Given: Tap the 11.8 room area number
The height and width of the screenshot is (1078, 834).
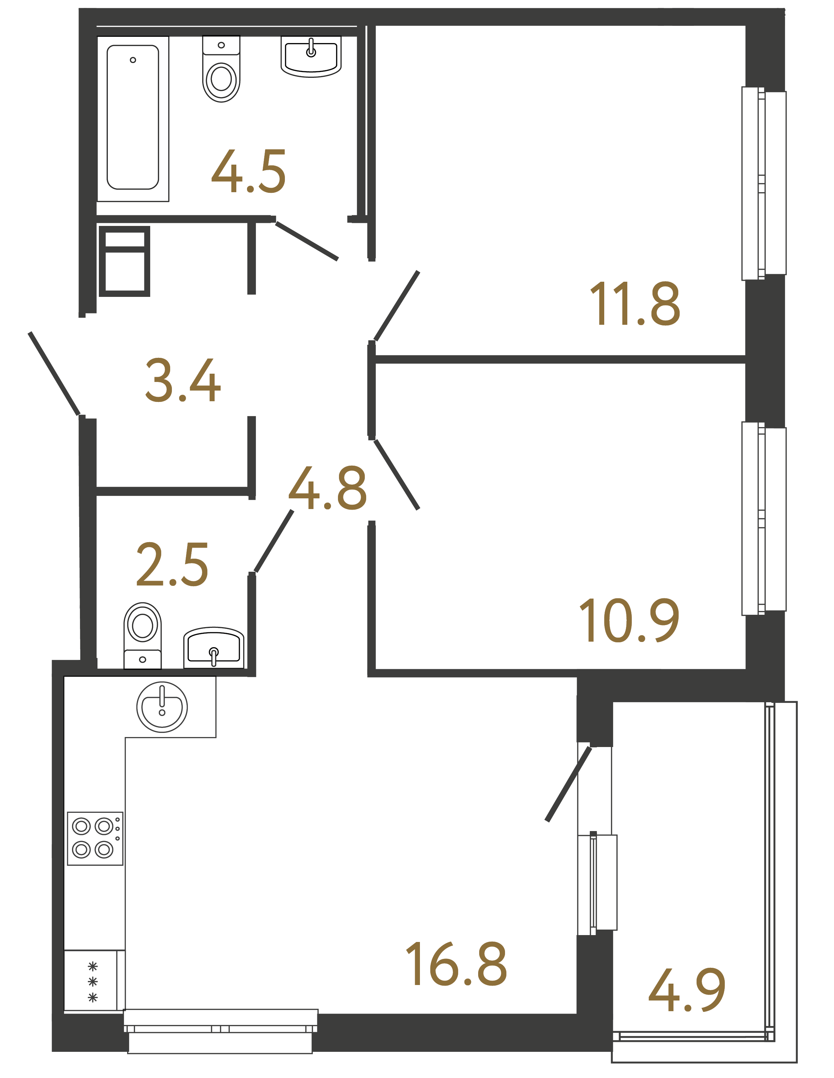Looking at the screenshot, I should tap(635, 304).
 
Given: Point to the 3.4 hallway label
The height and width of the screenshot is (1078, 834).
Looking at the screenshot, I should tap(183, 381).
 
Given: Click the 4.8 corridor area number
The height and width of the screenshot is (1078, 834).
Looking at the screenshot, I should tap(327, 489).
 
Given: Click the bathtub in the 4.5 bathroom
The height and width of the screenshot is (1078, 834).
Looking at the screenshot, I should tap(133, 117).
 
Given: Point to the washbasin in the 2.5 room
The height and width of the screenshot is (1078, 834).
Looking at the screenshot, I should tap(214, 647).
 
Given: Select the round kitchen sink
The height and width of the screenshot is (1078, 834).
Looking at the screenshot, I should tap(162, 707).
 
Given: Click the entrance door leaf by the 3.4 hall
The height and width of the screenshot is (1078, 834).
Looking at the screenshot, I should tap(54, 374).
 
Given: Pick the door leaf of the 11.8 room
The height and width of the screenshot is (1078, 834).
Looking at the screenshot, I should tap(397, 306).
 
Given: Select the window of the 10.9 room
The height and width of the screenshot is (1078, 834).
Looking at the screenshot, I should tap(763, 519).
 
